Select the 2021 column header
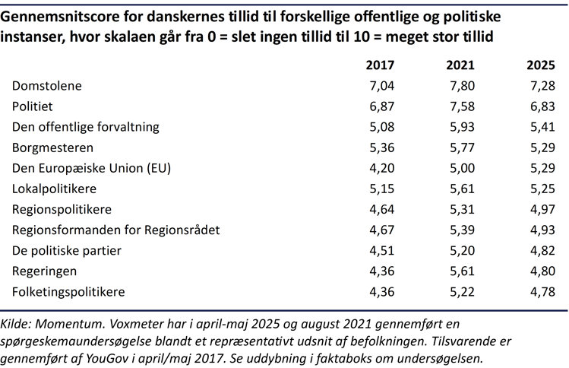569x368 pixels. (460, 65)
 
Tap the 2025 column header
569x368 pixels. (541, 65)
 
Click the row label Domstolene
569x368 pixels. (47, 86)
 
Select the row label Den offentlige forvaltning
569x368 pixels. (86, 127)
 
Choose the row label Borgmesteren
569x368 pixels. (53, 148)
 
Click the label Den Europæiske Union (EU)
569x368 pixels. (92, 168)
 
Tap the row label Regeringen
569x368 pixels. (45, 271)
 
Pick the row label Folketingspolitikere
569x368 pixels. (68, 291)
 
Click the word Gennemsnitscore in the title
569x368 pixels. (67, 17)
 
